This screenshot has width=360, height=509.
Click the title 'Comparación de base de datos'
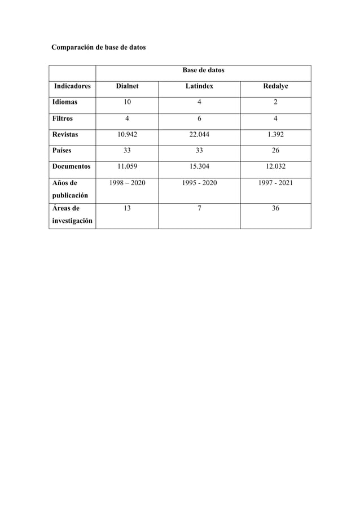click(98, 47)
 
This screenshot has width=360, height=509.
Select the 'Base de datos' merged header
click(203, 71)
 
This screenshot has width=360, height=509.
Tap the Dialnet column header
click(127, 87)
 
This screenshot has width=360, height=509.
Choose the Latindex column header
click(199, 87)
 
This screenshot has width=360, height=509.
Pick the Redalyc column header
click(275, 87)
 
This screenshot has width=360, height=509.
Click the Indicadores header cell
click(72, 87)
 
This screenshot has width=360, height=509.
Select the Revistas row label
click(65, 135)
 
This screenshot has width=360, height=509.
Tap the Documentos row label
click(71, 167)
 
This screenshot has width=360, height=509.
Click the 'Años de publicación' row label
click(70, 189)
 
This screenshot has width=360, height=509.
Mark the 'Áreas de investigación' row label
click(72, 214)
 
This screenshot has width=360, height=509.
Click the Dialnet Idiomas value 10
click(127, 103)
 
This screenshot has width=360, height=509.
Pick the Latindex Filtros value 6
click(199, 119)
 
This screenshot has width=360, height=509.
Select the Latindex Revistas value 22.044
click(199, 135)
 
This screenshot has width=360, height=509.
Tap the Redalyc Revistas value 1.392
click(275, 135)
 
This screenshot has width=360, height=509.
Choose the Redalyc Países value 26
click(275, 151)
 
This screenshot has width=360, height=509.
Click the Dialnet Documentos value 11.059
click(127, 167)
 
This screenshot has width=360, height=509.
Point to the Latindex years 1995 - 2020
click(199, 183)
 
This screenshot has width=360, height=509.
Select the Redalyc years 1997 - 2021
click(275, 183)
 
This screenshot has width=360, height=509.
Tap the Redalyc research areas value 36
click(275, 208)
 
